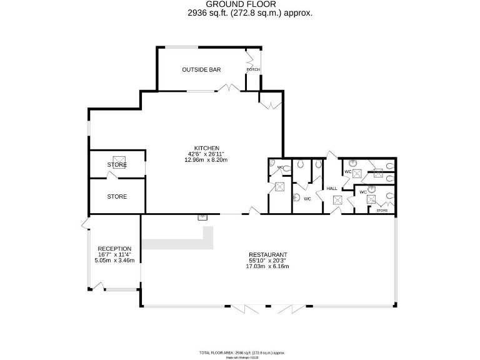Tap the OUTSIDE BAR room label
coord(201,69)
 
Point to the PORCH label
coord(253,69)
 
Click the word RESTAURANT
coord(267,255)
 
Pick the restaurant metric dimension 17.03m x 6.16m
coord(267,267)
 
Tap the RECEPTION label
coord(114,249)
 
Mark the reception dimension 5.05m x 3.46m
coord(114,260)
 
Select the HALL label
coord(331,189)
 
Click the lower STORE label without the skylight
coord(117,197)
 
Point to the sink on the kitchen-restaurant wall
coord(202,217)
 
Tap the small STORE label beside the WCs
coord(381,211)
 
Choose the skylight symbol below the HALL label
coord(337,201)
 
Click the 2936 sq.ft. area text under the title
coord(250,12)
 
